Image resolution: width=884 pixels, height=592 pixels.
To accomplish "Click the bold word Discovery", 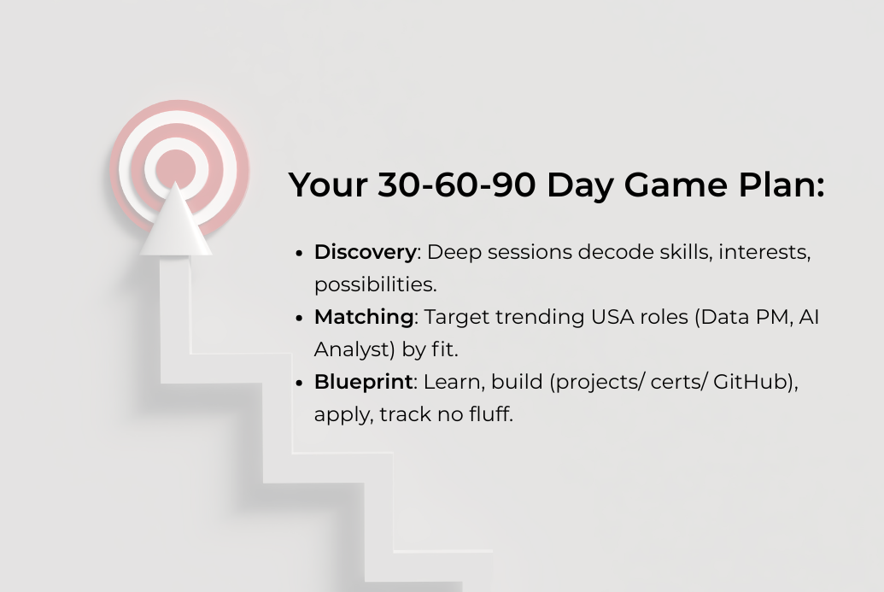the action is tap(365, 253).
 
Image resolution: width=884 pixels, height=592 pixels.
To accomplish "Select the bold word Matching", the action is tap(364, 317).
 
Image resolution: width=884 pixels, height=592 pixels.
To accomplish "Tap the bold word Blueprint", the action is tap(363, 382).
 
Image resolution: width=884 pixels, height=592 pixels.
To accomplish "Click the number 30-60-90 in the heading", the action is tap(456, 185).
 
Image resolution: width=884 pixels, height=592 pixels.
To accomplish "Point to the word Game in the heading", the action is tap(676, 185).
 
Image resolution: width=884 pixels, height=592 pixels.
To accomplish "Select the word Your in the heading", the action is tap(328, 185).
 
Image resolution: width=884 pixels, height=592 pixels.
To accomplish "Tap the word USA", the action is tap(613, 317).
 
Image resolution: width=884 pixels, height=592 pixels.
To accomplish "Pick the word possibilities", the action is tap(374, 284).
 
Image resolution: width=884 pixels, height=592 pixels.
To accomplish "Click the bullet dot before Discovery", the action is tap(300, 253).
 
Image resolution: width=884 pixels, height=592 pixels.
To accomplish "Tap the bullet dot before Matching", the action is tap(300, 318).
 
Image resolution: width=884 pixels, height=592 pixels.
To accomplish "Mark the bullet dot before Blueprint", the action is tap(300, 383).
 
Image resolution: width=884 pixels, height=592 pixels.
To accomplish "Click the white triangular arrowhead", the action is tap(176, 226).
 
